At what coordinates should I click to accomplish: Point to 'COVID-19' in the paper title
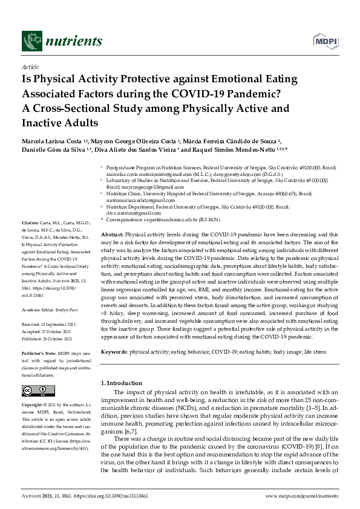coord(216,94)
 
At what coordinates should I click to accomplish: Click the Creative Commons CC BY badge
coord(38,391)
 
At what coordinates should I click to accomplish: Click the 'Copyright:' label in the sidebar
coord(33,404)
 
